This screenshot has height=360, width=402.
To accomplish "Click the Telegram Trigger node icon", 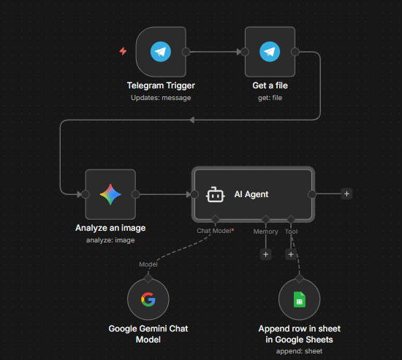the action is [161, 52].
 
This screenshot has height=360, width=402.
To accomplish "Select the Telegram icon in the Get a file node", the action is [270, 52].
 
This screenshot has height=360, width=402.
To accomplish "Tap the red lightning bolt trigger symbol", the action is [123, 51].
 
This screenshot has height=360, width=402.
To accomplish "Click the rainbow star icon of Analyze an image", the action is [110, 194].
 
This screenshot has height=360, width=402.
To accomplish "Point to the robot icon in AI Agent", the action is [216, 195].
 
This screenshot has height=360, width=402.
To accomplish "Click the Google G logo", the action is [148, 299].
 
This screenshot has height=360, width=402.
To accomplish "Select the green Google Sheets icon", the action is [299, 299].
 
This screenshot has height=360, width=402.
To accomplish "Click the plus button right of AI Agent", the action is [346, 194].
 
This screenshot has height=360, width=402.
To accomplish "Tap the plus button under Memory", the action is [265, 254].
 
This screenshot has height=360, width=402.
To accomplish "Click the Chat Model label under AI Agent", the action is [215, 231].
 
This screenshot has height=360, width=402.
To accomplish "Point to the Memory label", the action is [265, 231].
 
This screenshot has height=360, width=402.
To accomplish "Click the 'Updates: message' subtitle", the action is [161, 98].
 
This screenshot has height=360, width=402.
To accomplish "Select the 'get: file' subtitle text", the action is [270, 98].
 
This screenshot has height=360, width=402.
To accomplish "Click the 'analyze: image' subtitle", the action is [110, 240].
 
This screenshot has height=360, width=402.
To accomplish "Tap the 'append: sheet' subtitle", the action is [299, 351].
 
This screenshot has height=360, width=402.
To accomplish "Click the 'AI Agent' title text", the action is [251, 194].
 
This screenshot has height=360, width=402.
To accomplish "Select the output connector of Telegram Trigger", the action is [186, 52].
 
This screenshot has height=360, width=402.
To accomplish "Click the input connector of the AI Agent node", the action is [194, 194].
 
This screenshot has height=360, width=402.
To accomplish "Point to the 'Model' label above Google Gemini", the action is [148, 264].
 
